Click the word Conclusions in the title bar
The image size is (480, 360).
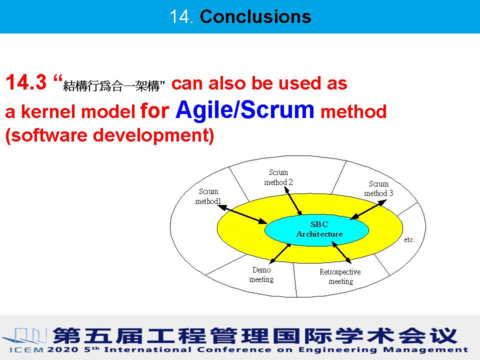[x=255, y=17]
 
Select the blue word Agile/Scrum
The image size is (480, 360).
[x=245, y=109]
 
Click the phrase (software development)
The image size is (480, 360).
[x=109, y=136]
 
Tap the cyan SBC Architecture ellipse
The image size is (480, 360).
[x=316, y=229]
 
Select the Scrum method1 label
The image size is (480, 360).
[x=208, y=196]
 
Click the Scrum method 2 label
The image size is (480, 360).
[x=278, y=177]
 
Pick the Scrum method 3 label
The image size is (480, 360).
[x=378, y=188]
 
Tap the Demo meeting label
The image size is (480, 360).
[x=261, y=275]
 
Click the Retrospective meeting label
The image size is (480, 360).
[x=340, y=276]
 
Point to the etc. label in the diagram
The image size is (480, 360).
[x=409, y=239]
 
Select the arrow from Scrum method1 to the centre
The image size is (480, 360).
[x=242, y=213]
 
